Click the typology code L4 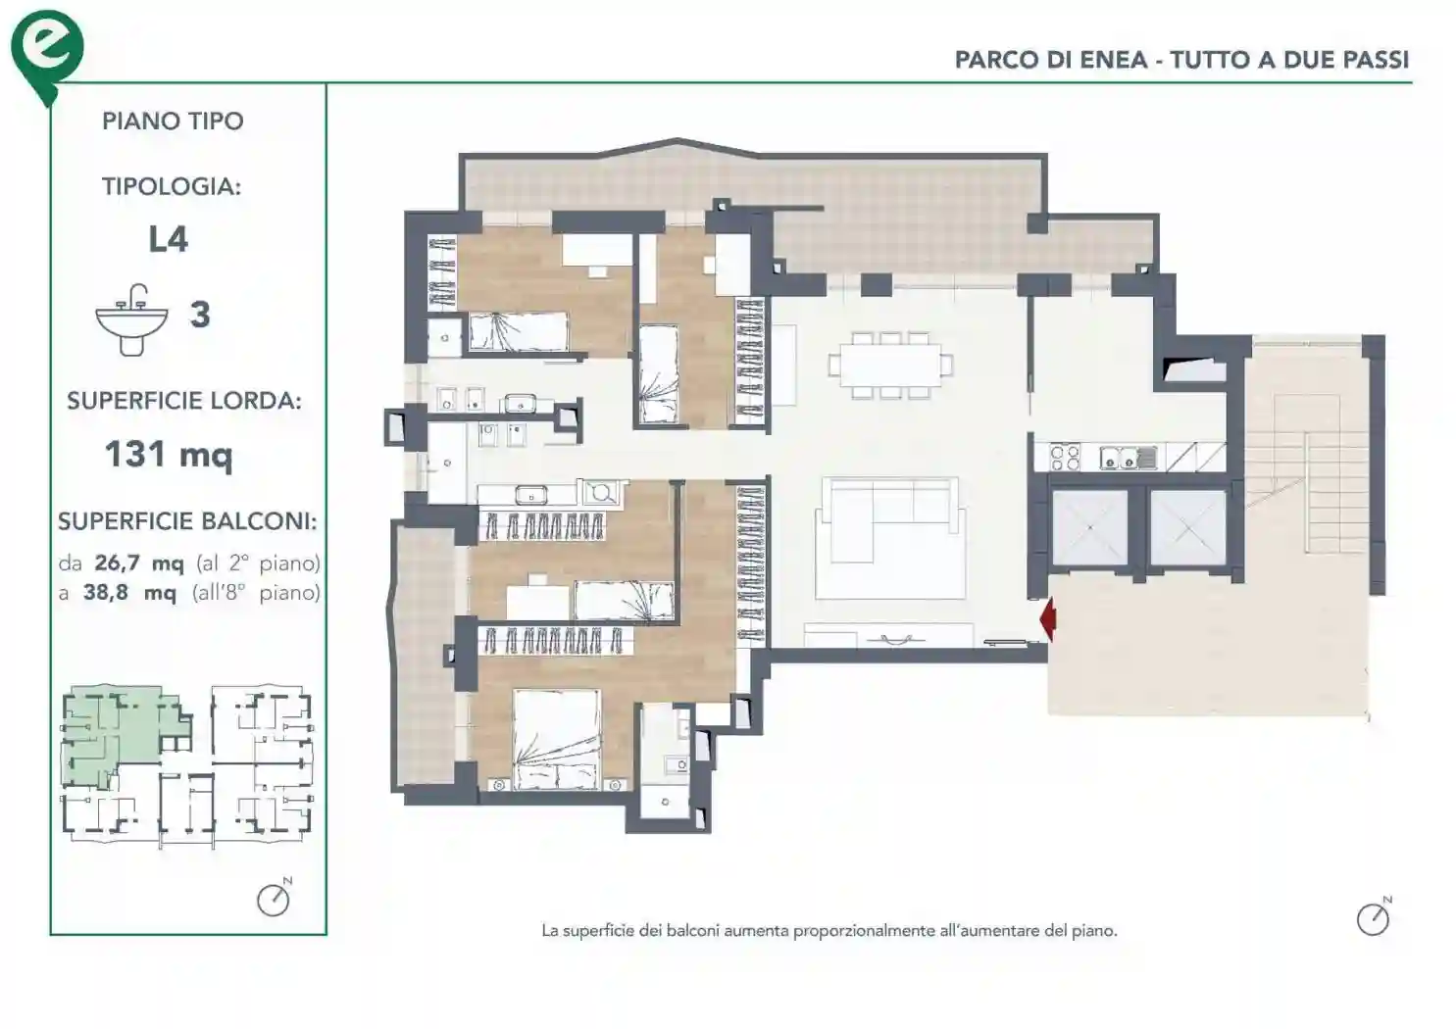[x=168, y=239]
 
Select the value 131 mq [x=169, y=454]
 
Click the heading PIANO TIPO [x=173, y=122]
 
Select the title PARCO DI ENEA [x=1050, y=60]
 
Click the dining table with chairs [x=889, y=365]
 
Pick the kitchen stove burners [x=1066, y=457]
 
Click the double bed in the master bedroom [x=558, y=740]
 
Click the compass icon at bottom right [x=1373, y=918]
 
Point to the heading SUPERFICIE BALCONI [x=186, y=521]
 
